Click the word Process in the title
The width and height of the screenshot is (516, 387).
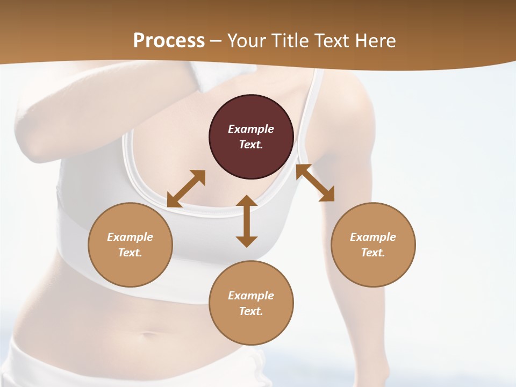tap(169, 41)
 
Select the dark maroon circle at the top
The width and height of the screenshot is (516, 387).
tap(251, 137)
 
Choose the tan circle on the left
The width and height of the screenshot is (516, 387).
tap(130, 245)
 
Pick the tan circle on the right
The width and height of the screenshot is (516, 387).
tap(373, 245)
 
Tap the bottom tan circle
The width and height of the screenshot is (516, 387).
tap(251, 303)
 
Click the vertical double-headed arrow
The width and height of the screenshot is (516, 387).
tap(247, 221)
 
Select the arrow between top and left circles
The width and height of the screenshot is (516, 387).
tap(186, 189)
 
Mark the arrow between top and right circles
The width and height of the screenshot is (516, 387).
tap(316, 183)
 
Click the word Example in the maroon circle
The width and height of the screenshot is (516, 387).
tap(251, 129)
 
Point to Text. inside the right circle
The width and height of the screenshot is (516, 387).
tap(373, 253)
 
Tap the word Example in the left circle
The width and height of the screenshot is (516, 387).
tap(130, 237)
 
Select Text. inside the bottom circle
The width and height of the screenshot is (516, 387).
tap(251, 311)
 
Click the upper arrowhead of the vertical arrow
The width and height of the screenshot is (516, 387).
tap(247, 202)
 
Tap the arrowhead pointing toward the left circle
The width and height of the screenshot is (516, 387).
tap(173, 201)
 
